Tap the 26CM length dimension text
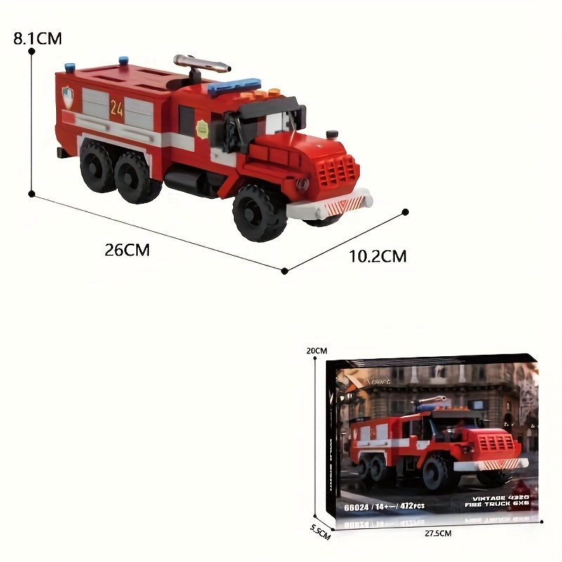(127, 249)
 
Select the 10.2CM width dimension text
(378, 256)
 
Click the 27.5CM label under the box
(438, 534)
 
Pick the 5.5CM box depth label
(319, 532)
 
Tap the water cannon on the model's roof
(201, 66)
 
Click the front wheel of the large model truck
(259, 212)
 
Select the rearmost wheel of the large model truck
(97, 165)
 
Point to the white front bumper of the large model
(330, 206)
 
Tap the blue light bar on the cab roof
(234, 88)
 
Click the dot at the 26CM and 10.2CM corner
(285, 270)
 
